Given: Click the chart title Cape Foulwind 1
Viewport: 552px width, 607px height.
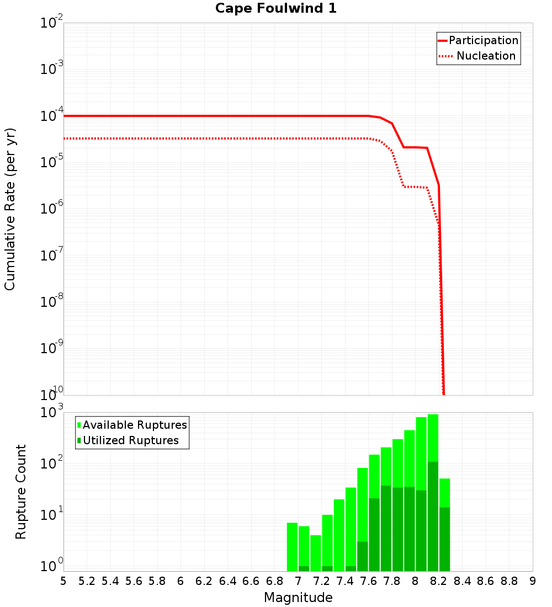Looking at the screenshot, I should [275, 9].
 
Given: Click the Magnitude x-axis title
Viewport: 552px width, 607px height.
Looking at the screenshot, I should [298, 598].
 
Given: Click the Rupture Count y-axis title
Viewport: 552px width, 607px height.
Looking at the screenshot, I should [21, 491].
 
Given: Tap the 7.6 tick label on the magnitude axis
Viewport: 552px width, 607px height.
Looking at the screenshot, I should [368, 581].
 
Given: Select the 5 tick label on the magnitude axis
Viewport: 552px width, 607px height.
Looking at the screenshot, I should [63, 581].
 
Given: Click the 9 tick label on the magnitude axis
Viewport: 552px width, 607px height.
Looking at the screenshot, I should [532, 581].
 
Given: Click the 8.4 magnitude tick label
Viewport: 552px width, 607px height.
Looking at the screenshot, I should [462, 581].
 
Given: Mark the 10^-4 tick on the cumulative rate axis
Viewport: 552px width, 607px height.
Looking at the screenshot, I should [52, 116].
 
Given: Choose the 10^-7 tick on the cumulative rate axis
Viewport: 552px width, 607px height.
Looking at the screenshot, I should [52, 256].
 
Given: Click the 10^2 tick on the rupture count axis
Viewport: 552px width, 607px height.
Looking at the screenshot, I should [52, 464].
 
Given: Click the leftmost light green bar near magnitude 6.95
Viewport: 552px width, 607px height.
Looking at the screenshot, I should [292, 546].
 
